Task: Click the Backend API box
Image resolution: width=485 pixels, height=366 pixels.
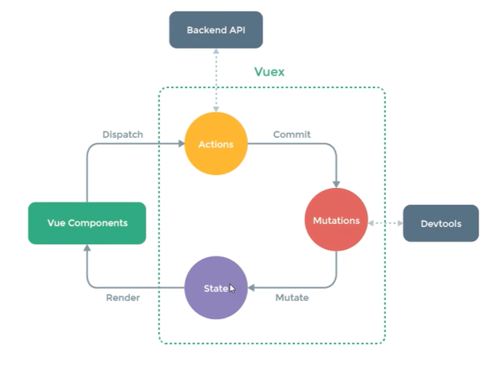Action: coord(216,30)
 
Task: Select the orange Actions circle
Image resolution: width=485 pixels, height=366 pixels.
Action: coord(216,144)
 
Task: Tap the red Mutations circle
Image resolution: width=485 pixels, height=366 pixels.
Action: coord(336,221)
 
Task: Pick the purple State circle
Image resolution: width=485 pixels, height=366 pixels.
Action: coord(216,288)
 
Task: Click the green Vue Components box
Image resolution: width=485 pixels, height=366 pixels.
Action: coord(87,223)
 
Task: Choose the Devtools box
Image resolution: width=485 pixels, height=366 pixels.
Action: coord(440,223)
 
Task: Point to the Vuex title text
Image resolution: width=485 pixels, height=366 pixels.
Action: coord(269,72)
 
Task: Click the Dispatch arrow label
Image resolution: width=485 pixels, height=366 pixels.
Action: coord(123,135)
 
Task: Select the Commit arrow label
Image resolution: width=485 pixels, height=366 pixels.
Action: coord(292,135)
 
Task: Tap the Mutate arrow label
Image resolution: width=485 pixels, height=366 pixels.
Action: coord(292,298)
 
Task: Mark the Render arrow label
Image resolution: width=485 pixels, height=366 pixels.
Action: coord(123,298)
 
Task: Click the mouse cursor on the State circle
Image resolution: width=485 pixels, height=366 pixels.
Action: coord(232,288)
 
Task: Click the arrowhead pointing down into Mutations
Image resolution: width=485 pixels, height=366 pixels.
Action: coord(336,183)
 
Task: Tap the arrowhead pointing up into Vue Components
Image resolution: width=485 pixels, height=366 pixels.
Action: coord(87,248)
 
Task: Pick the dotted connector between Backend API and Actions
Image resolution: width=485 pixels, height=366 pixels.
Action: coord(216,80)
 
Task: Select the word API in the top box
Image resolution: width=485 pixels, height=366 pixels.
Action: coord(237,30)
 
